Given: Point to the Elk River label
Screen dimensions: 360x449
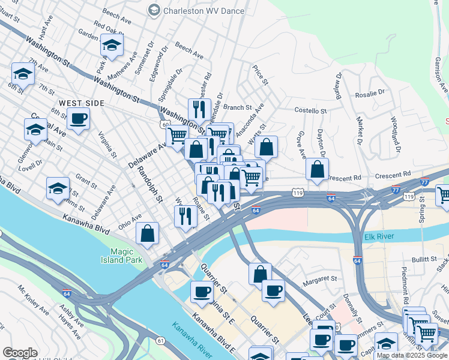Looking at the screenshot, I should [x=379, y=238].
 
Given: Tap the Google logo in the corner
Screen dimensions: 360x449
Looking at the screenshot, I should [x=20, y=353].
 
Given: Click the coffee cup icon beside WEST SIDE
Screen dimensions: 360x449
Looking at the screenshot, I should [x=77, y=119].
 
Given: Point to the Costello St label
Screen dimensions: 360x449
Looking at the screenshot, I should [x=310, y=111].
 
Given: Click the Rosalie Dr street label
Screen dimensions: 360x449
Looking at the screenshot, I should [x=369, y=94].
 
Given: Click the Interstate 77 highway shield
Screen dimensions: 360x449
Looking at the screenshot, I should [x=424, y=182].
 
